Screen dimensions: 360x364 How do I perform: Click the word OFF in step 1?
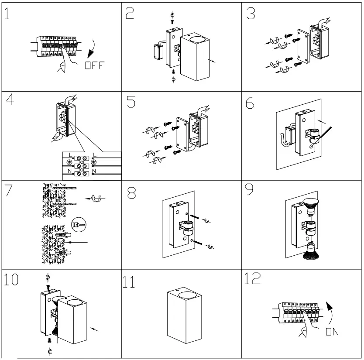(95, 66)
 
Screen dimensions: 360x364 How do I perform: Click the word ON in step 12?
(333, 332)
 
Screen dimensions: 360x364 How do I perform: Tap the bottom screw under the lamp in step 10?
(49, 340)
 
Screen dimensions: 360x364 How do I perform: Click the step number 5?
(130, 103)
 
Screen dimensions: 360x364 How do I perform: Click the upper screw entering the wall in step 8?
(197, 216)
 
